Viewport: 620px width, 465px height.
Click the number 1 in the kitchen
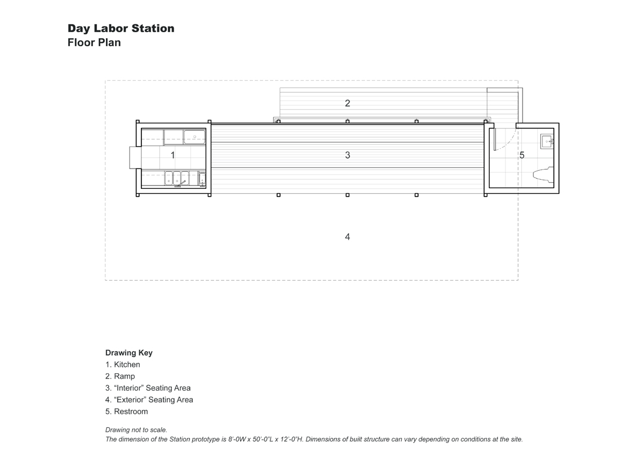point(172,155)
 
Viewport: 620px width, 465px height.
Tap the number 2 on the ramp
point(348,103)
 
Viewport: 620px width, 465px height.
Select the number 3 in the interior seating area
point(348,155)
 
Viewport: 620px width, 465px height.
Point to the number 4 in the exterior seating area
point(348,237)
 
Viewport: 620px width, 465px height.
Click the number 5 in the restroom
point(522,156)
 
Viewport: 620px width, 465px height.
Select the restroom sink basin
point(547,141)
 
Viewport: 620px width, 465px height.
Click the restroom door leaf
point(494,139)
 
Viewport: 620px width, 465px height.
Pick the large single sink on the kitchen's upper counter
point(194,137)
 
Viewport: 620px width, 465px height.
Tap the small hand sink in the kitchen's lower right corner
point(202,179)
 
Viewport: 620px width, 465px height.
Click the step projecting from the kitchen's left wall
point(135,157)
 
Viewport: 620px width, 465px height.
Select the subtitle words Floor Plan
point(94,42)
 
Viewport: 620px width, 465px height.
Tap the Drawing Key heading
point(129,353)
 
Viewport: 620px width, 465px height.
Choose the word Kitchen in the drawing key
point(127,365)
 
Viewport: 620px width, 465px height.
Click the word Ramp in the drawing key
point(125,377)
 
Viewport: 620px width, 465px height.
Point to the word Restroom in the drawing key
point(131,411)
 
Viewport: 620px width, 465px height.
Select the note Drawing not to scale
point(136,430)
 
